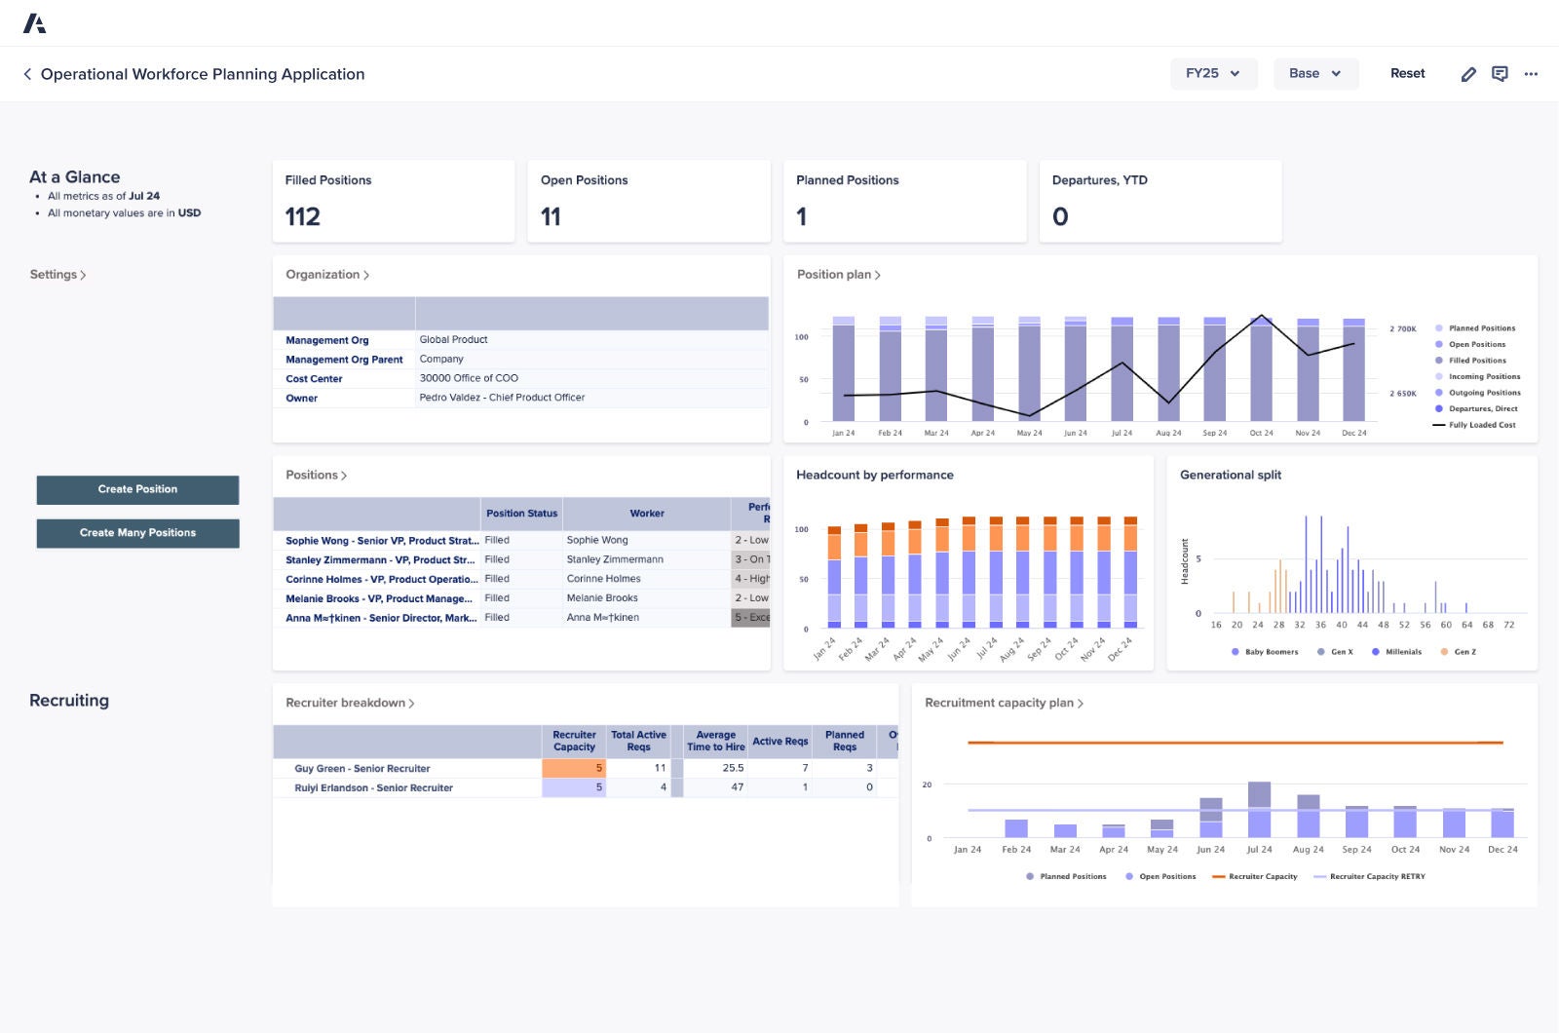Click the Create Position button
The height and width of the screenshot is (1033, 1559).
(x=137, y=489)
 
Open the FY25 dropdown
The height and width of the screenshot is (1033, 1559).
(x=1213, y=73)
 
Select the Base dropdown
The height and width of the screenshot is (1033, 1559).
(x=1314, y=73)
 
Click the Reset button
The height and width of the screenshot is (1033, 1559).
(x=1407, y=73)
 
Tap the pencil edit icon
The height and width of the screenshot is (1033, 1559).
(x=1468, y=74)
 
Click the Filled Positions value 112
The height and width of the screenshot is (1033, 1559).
(x=302, y=216)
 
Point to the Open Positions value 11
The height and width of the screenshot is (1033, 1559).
(x=551, y=216)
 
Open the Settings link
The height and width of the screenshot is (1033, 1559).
(x=57, y=275)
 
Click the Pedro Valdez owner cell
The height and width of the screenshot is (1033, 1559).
(x=502, y=398)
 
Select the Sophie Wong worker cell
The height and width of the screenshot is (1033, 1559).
(x=597, y=540)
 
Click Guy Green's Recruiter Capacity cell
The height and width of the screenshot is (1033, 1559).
(x=574, y=768)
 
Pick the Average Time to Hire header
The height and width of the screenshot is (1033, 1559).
(x=715, y=741)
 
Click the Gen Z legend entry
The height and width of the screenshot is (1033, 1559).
(x=1464, y=652)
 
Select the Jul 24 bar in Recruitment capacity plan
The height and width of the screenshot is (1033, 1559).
(x=1259, y=811)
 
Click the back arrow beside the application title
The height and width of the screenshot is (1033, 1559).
(x=27, y=74)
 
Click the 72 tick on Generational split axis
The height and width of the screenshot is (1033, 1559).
(x=1508, y=625)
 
